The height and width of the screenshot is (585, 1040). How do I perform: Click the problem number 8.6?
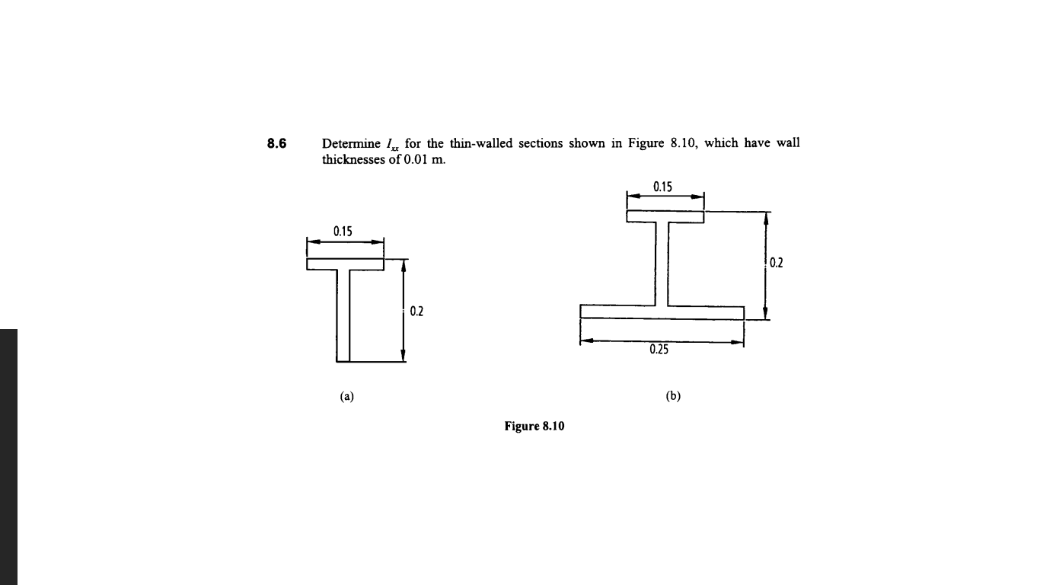(276, 143)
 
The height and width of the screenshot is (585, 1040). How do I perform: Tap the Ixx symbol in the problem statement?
(392, 144)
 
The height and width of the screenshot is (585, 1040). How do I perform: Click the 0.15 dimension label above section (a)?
(342, 232)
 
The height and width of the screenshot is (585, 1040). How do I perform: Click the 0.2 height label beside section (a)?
(416, 311)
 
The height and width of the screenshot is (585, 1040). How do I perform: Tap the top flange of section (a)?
(345, 264)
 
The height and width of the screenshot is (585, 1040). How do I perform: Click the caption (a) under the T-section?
(346, 396)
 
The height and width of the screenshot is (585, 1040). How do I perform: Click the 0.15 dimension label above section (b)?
(663, 185)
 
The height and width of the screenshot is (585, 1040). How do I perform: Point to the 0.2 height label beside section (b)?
(777, 264)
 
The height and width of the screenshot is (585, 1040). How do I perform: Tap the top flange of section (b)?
(665, 216)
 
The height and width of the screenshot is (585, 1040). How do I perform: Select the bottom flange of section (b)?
(662, 312)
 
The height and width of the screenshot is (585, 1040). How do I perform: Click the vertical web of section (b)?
(662, 264)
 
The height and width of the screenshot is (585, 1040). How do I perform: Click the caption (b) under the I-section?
(673, 396)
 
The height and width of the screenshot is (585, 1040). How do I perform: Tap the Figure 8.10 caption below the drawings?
(534, 426)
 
